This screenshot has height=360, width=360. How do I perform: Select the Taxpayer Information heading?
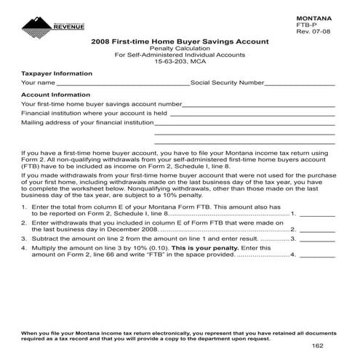[x=57, y=73]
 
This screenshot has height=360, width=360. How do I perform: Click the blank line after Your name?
[x=122, y=84]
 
